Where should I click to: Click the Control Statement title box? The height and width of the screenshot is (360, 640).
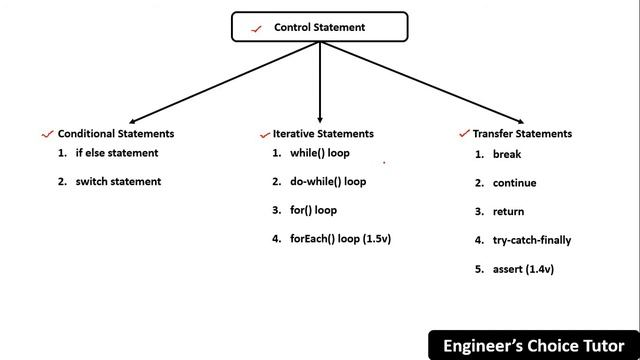(x=320, y=27)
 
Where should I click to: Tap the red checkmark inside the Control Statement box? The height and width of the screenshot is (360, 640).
(x=258, y=28)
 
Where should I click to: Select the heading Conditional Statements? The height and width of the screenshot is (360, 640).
(x=116, y=133)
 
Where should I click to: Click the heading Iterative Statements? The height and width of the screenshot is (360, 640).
(x=323, y=133)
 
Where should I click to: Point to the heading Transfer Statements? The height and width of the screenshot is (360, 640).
(x=522, y=133)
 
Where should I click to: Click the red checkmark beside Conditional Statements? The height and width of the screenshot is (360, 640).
(x=47, y=133)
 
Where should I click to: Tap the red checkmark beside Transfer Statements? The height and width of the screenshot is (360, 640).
(x=464, y=133)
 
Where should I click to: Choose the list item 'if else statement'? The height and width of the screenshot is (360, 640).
(x=116, y=153)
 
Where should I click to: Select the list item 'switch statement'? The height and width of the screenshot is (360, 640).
(x=118, y=181)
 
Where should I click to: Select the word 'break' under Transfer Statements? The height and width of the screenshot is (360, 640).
(x=507, y=155)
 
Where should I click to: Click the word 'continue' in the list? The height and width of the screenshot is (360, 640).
(x=515, y=183)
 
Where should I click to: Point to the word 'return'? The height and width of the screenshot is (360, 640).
(x=509, y=212)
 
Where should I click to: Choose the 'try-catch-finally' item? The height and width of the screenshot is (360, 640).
(x=532, y=240)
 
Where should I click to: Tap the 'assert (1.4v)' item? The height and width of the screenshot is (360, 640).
(x=523, y=269)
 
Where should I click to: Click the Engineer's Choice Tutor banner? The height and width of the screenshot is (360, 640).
(x=534, y=346)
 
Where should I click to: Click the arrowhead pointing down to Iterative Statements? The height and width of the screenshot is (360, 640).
(x=320, y=116)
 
